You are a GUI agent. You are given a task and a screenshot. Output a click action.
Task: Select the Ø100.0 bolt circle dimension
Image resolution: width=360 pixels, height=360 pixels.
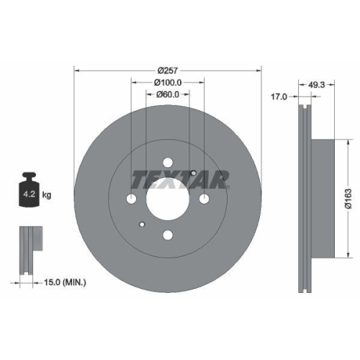pyautogui.click(x=167, y=84)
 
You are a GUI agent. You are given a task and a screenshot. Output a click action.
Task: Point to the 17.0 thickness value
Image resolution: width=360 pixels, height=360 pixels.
pyautogui.click(x=279, y=95)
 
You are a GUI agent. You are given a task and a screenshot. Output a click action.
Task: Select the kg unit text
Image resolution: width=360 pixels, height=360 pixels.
pyautogui.click(x=46, y=194)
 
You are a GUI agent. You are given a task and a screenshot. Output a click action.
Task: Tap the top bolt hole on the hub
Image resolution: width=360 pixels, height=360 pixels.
pyautogui.click(x=167, y=162)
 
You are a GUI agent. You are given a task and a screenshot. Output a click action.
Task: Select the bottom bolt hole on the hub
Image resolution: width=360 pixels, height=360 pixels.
pyautogui.click(x=167, y=235)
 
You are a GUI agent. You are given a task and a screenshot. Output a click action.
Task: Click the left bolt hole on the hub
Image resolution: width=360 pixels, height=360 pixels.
pyautogui.click(x=131, y=199)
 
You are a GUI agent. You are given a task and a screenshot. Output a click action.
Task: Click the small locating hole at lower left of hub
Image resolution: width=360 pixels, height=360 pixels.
pyautogui.click(x=143, y=223)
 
